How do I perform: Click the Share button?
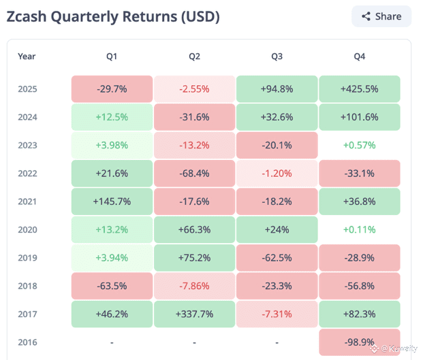pos(381,16)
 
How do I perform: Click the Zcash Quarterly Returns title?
pos(113,17)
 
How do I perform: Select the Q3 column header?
pos(277,56)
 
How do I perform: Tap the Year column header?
pos(27,56)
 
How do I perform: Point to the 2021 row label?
pos(28,201)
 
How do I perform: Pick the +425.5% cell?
pos(359,89)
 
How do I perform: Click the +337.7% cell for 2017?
pos(194,314)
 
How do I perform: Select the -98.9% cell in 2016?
pos(359,342)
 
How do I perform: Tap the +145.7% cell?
pos(112,201)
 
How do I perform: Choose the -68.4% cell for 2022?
pos(194,174)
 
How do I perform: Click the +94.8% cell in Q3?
pos(277,89)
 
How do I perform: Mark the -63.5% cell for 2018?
pos(112,286)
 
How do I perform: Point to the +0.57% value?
pos(359,146)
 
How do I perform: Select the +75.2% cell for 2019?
pos(194,258)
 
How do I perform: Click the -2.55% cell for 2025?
pos(194,89)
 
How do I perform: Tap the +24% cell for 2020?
pos(277,230)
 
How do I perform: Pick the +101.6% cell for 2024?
pos(359,117)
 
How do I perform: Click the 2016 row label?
pos(28,342)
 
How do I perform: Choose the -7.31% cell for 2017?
pos(277,314)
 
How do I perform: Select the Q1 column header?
pos(112,56)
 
